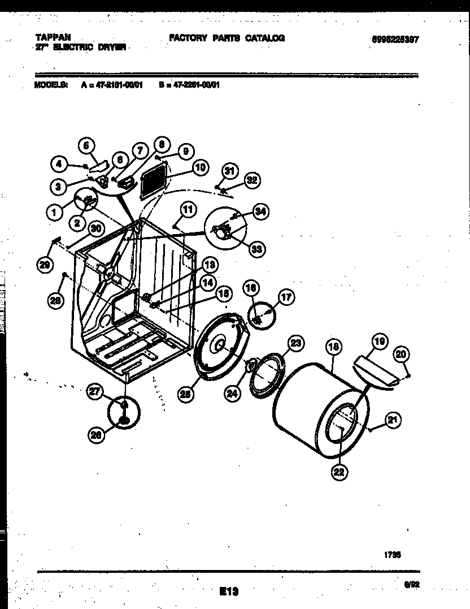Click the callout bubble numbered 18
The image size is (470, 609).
click(x=333, y=346)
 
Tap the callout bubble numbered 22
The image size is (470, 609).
click(x=338, y=474)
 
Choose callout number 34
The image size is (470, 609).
click(x=259, y=212)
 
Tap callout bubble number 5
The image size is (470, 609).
click(x=86, y=145)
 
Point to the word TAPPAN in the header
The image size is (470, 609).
click(x=49, y=38)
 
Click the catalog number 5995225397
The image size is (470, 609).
click(x=398, y=40)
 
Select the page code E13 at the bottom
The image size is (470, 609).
click(x=228, y=591)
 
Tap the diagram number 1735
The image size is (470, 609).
click(x=393, y=555)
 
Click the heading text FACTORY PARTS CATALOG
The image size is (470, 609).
click(x=227, y=38)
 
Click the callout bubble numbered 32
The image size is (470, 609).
click(x=251, y=181)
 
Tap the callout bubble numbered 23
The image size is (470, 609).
click(x=295, y=342)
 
